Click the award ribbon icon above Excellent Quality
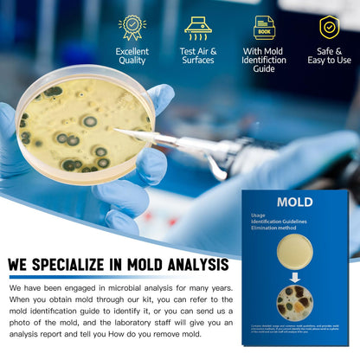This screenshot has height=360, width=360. [132, 27]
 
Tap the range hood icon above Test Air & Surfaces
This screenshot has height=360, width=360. [198, 27]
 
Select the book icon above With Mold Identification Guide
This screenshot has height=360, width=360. [264, 27]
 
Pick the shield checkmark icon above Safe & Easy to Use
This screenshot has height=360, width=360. [329, 27]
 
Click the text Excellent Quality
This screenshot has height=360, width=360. [132, 55]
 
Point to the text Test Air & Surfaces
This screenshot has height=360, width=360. [198, 55]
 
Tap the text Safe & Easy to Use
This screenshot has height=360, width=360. [329, 55]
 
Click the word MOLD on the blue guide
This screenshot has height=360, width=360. [294, 202]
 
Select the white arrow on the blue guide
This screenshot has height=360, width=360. [294, 277]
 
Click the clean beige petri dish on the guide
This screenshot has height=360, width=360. [294, 250]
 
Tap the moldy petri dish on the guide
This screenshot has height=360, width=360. [294, 302]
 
